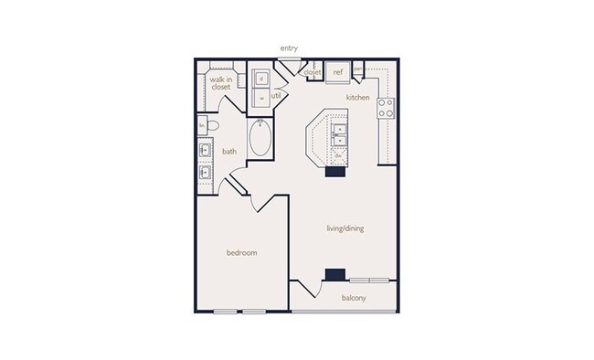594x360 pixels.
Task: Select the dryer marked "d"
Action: (261, 78)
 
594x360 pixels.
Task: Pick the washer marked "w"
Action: (261, 97)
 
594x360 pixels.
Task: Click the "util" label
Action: (276, 94)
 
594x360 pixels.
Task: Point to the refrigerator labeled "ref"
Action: (337, 71)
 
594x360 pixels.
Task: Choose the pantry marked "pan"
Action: (358, 69)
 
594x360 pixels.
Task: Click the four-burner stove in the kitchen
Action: (386, 108)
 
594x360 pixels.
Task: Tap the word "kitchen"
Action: (356, 96)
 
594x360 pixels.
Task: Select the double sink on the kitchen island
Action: (339, 134)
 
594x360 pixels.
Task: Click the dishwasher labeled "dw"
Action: (338, 155)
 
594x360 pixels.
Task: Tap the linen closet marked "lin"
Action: (201, 126)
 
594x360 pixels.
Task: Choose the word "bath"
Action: (229, 152)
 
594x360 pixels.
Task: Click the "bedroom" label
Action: (241, 252)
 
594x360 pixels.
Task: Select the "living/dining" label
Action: (346, 228)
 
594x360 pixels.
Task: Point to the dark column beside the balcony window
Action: (335, 274)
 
